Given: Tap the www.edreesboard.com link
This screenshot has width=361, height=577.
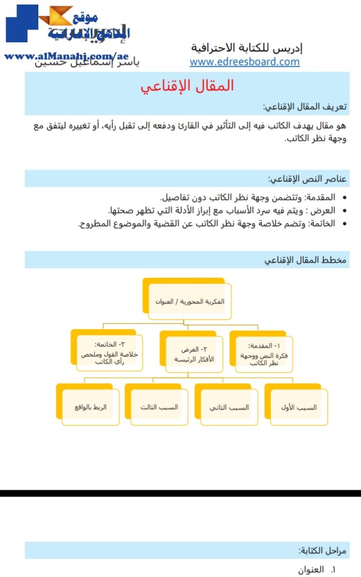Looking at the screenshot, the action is (x=244, y=62).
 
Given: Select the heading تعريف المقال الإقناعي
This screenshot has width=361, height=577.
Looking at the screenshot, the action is (x=305, y=107).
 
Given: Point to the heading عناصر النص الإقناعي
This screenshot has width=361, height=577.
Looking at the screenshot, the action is (x=307, y=179).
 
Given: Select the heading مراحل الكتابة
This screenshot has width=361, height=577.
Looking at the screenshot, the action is (x=323, y=551).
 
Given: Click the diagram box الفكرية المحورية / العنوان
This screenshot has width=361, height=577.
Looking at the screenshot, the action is (x=190, y=301).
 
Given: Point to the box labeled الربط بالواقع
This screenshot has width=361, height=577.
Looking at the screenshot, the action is (x=90, y=407).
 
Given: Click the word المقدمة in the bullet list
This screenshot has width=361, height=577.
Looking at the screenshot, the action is (x=320, y=198).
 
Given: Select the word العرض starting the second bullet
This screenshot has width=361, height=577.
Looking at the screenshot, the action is (x=324, y=211).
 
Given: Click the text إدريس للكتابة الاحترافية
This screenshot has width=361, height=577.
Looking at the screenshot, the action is (x=246, y=48).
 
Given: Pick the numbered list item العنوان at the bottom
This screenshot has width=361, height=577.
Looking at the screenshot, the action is (x=311, y=570).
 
